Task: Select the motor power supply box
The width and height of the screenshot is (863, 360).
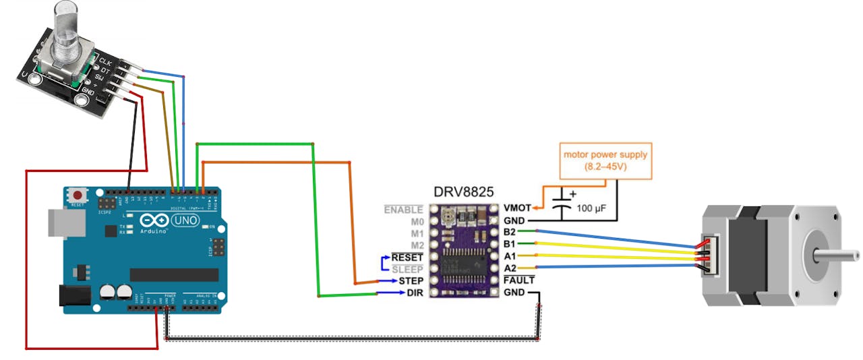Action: pyautogui.click(x=605, y=160)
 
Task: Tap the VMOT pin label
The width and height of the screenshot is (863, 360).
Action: pyautogui.click(x=517, y=208)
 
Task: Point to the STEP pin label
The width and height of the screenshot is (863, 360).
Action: pyautogui.click(x=411, y=280)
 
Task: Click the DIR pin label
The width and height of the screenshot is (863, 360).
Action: pyautogui.click(x=415, y=293)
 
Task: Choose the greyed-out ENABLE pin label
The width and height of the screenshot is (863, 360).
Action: pyautogui.click(x=403, y=210)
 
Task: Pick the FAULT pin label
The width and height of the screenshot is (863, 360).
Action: pyautogui.click(x=518, y=280)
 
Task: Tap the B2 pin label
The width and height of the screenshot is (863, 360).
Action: pyautogui.click(x=509, y=232)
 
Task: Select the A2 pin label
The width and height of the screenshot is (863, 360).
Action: pyautogui.click(x=509, y=268)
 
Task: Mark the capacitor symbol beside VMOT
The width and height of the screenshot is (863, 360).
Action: pyautogui.click(x=561, y=205)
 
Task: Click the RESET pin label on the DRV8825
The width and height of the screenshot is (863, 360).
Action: pyautogui.click(x=407, y=257)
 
